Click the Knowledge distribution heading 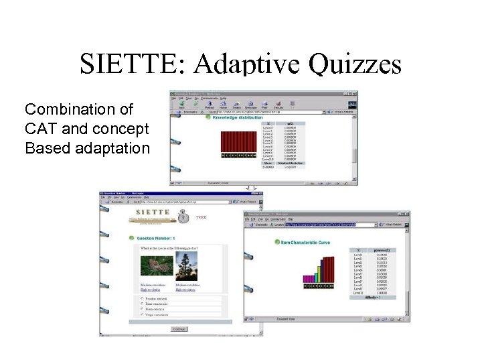pyautogui.click(x=238, y=117)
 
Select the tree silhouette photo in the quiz pyautogui.click(x=186, y=266)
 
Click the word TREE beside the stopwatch pyautogui.click(x=201, y=218)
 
